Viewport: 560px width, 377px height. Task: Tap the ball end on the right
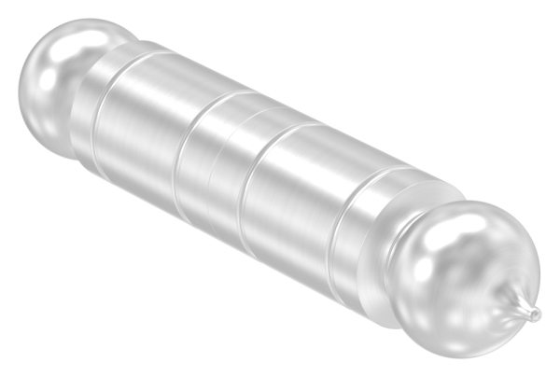(x=467, y=280)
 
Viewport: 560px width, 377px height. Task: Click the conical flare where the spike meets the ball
(x=516, y=300)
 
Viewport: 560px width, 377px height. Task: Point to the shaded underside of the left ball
(x=47, y=131)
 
